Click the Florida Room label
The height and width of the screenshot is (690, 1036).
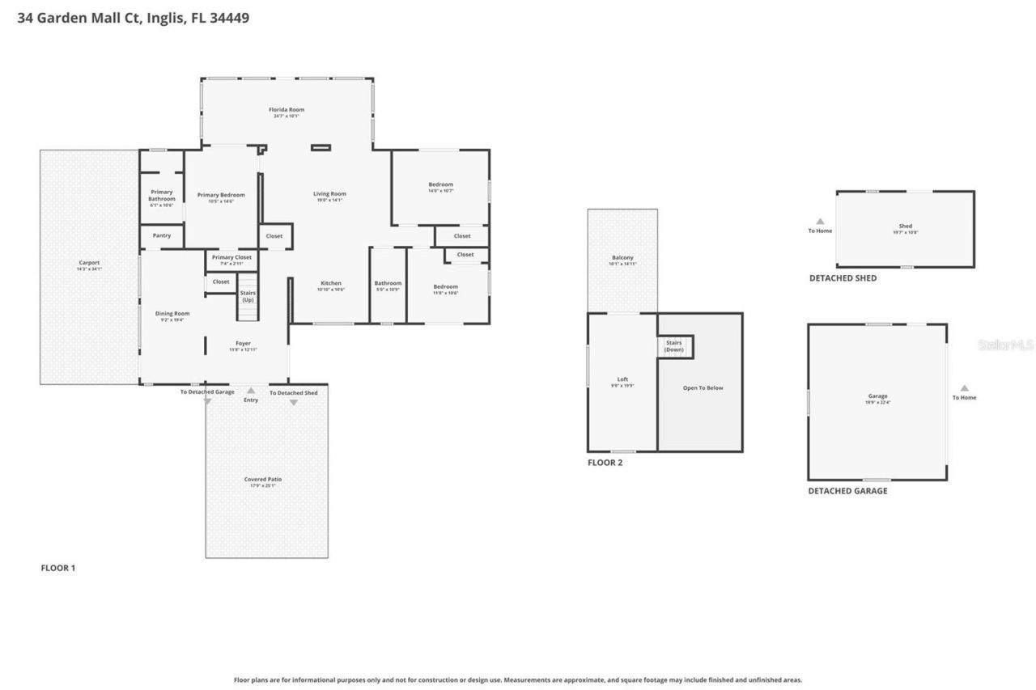pyautogui.click(x=287, y=110)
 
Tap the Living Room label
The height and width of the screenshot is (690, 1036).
pyautogui.click(x=329, y=194)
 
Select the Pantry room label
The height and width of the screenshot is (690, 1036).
pyautogui.click(x=161, y=235)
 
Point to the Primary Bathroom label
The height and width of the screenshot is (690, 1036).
pyautogui.click(x=161, y=196)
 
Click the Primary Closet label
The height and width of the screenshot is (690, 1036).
pyautogui.click(x=231, y=257)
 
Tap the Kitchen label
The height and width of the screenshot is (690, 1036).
pyautogui.click(x=329, y=283)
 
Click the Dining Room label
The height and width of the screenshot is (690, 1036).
pyautogui.click(x=172, y=314)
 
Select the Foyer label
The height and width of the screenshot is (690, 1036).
pyautogui.click(x=243, y=344)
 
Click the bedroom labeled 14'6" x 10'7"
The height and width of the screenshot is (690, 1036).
pyautogui.click(x=440, y=185)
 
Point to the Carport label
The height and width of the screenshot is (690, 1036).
pyautogui.click(x=89, y=263)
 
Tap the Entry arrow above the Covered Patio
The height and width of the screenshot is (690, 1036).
pyautogui.click(x=251, y=391)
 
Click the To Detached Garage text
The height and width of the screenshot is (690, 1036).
pyautogui.click(x=207, y=392)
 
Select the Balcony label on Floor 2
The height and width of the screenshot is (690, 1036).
pyautogui.click(x=622, y=258)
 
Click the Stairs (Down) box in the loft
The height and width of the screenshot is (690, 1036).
pyautogui.click(x=674, y=345)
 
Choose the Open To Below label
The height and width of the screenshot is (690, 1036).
pyautogui.click(x=703, y=388)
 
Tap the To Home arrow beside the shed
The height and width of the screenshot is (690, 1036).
pyautogui.click(x=820, y=222)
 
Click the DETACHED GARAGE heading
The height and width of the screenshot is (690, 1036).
pyautogui.click(x=847, y=491)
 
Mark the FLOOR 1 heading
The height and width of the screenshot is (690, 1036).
pyautogui.click(x=58, y=568)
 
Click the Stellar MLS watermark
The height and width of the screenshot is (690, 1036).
pyautogui.click(x=1006, y=345)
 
